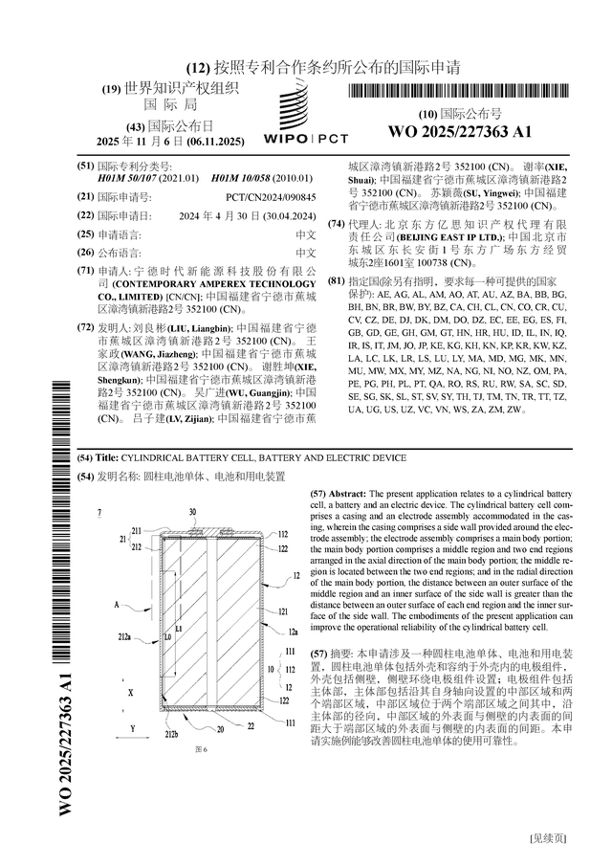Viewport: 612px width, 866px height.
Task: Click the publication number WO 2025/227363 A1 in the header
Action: click(460, 132)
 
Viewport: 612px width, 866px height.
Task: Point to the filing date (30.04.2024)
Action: click(287, 215)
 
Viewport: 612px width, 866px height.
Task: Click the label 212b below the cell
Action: click(170, 733)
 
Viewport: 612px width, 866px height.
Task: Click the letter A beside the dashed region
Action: click(117, 605)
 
